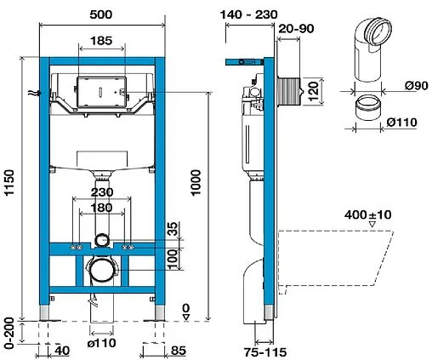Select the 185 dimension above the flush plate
pos(101,40)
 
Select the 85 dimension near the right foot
pos(178,349)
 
